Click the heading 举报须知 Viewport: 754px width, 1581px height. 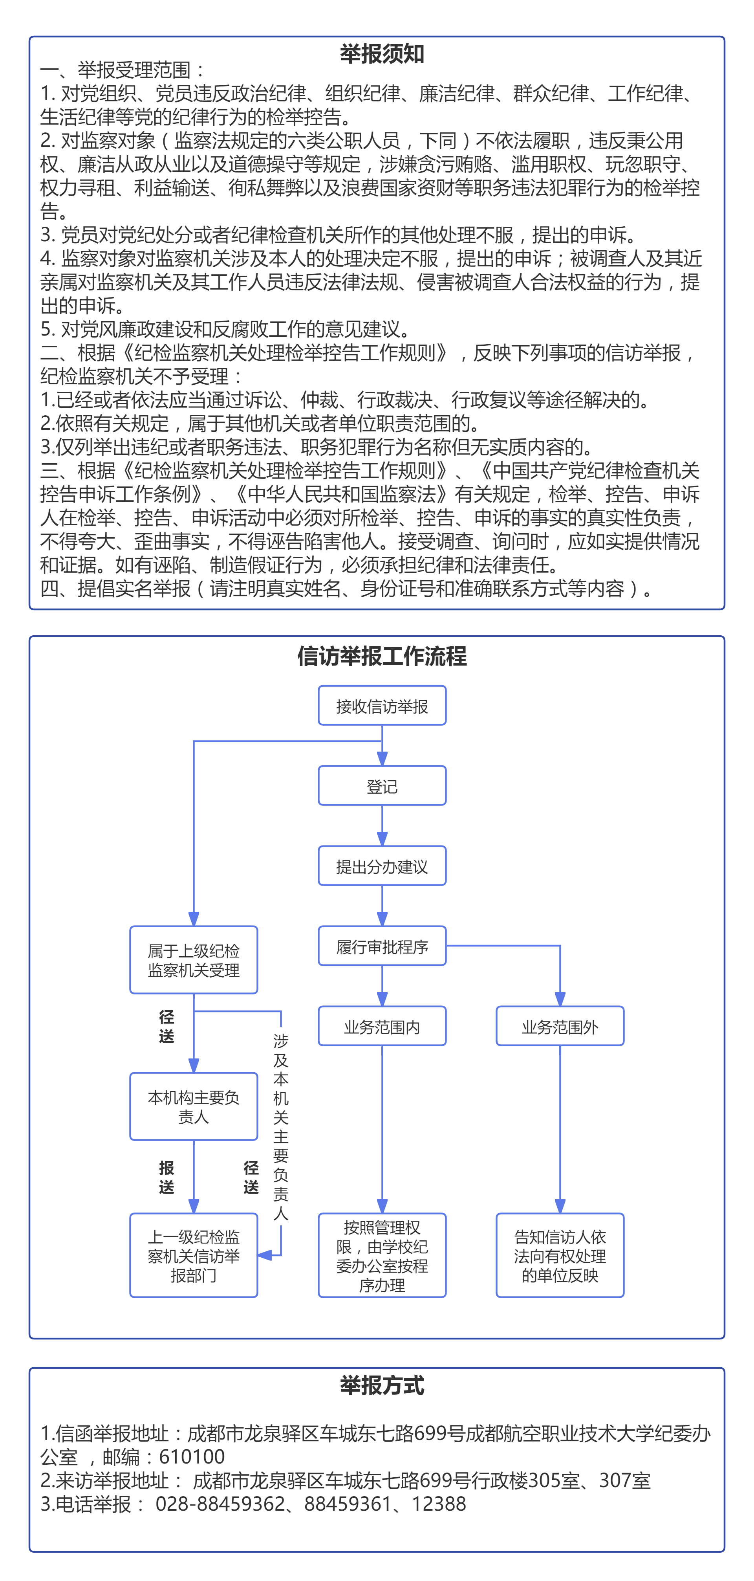(382, 54)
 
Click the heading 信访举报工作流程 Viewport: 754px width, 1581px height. (382, 656)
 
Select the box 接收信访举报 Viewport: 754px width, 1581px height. (382, 706)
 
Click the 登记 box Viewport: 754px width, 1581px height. (382, 786)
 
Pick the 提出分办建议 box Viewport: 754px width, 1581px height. (382, 866)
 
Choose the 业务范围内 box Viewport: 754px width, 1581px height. (382, 1026)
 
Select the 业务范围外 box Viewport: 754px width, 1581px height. (560, 1026)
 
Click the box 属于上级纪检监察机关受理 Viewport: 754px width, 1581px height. (193, 960)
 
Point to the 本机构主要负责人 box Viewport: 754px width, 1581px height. (193, 1106)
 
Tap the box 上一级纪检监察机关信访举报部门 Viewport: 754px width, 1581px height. (193, 1256)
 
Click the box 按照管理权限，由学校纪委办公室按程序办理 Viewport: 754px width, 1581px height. (382, 1256)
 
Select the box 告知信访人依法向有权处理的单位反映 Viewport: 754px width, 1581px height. (560, 1256)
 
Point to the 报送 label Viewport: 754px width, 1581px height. (166, 1177)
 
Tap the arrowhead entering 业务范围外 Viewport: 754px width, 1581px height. (560, 999)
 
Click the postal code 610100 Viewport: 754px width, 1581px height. (191, 1456)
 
